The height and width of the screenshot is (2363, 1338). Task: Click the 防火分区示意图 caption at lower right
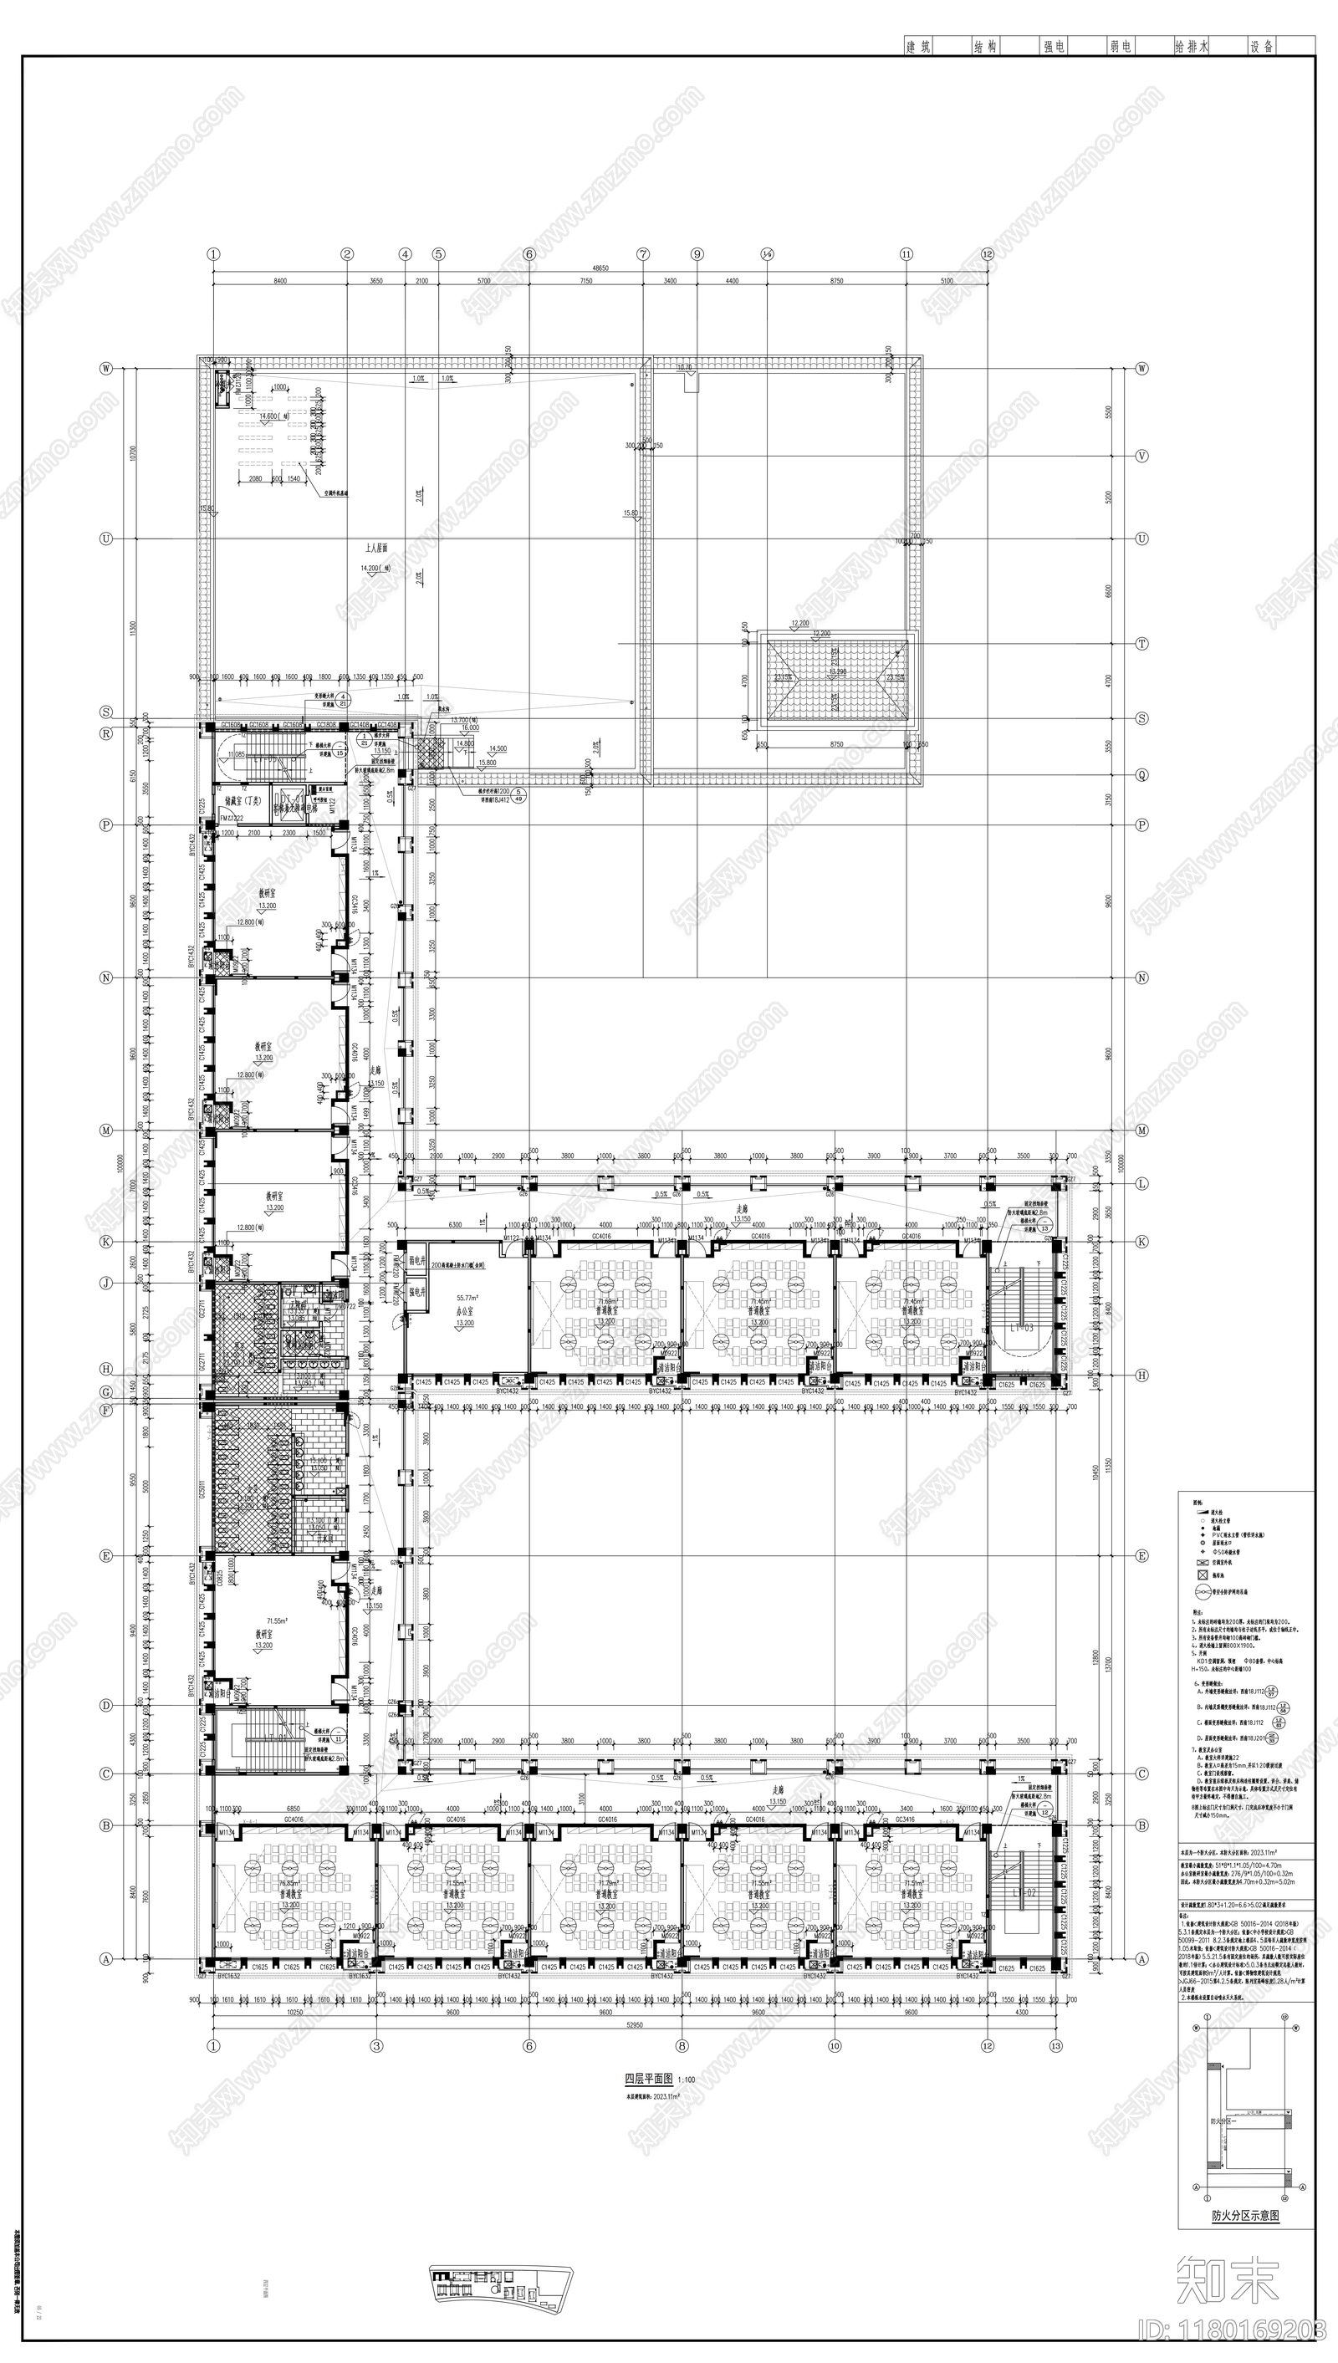pos(1244,2216)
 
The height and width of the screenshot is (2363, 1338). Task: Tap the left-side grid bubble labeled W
pos(106,369)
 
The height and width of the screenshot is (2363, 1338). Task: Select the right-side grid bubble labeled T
pos(1142,644)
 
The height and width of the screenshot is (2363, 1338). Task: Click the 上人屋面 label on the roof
pos(374,547)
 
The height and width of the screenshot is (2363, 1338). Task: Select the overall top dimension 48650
pos(600,269)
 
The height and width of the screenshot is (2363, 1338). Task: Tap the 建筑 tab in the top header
pos(918,46)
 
